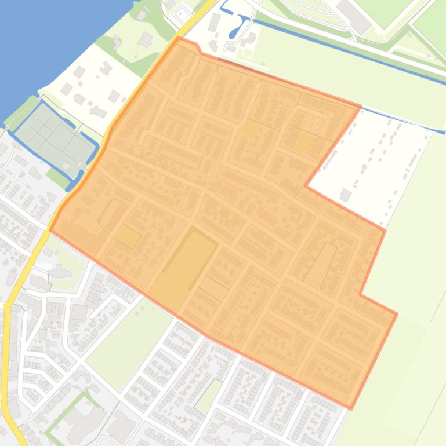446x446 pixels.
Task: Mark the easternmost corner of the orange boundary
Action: tap(397, 313)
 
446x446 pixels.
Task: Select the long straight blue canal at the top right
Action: tap(348, 58)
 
